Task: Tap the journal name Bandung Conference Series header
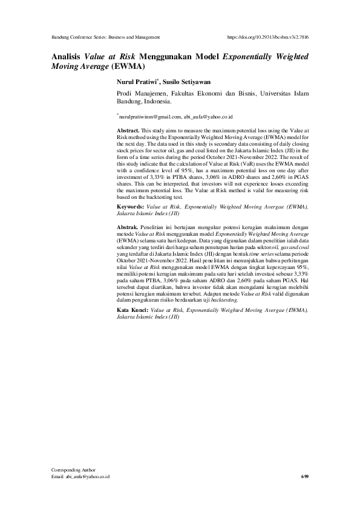[106, 37]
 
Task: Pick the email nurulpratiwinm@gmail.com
[151, 115]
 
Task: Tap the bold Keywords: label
[131, 207]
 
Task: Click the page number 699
[304, 477]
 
